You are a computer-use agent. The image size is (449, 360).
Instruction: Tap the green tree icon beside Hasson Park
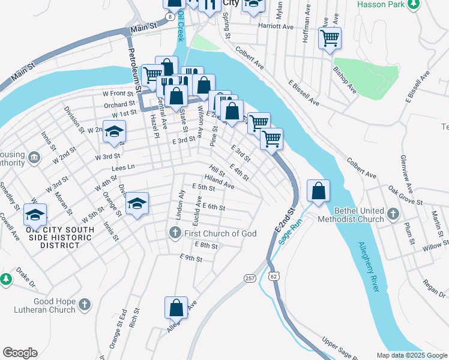click(x=413, y=5)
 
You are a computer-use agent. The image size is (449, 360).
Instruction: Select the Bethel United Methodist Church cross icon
click(x=393, y=214)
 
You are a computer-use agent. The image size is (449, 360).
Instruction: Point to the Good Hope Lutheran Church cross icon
click(x=85, y=304)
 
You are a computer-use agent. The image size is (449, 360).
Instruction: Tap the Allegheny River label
click(x=369, y=266)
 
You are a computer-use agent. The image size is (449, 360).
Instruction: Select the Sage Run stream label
click(x=291, y=230)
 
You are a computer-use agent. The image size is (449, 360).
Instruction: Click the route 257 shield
click(x=250, y=277)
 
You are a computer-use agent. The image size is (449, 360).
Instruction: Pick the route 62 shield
click(x=274, y=276)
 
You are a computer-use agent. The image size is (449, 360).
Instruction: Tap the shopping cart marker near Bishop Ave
click(x=330, y=38)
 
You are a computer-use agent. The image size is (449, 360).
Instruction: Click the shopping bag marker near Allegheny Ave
click(x=176, y=308)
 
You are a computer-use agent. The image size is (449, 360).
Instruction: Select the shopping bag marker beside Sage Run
click(x=319, y=191)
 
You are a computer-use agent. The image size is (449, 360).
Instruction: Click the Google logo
click(x=20, y=353)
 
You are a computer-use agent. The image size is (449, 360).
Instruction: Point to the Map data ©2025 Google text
click(x=411, y=355)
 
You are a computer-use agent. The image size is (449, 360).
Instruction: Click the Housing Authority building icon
click(x=34, y=158)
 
